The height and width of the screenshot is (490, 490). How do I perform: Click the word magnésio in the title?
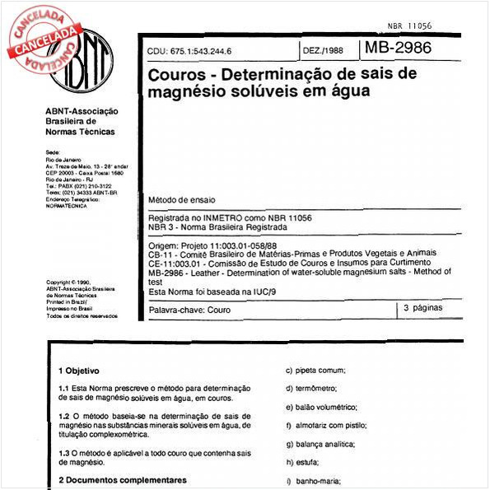coord(181,92)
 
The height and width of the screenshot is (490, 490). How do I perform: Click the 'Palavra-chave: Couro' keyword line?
coord(189,310)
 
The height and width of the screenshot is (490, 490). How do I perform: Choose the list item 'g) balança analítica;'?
coord(322,444)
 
